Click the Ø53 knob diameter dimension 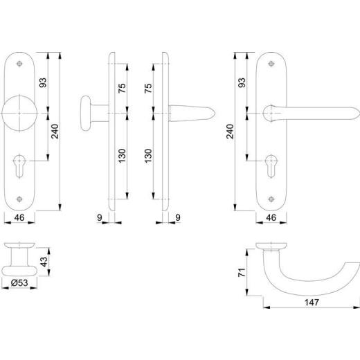point(19,282)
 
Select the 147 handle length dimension point(312,303)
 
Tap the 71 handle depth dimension point(242,273)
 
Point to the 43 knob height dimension point(44,262)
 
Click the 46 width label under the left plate point(19,217)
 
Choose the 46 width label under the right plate point(271,217)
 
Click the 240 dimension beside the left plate point(55,132)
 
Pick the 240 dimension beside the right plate point(230,132)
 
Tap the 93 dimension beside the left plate point(43,83)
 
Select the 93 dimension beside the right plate point(242,83)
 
